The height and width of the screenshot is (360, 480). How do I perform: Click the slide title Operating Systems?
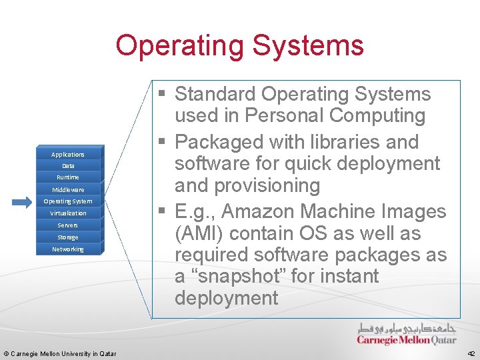239,45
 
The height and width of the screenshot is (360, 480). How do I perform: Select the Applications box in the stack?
68,154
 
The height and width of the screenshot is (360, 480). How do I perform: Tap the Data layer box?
68,166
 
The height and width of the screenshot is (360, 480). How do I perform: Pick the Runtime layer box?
68,177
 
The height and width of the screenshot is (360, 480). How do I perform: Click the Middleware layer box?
68,190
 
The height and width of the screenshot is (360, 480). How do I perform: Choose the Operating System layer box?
68,201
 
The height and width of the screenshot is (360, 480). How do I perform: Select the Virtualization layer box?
68,213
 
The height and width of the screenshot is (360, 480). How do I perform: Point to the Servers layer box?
68,225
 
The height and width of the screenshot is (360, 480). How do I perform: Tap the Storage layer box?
68,237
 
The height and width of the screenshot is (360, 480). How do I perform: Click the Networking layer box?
68,249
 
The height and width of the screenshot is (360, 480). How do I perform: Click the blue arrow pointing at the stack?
21,202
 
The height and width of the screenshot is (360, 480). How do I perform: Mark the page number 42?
471,354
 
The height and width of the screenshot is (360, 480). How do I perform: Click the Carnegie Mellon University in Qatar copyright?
60,354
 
